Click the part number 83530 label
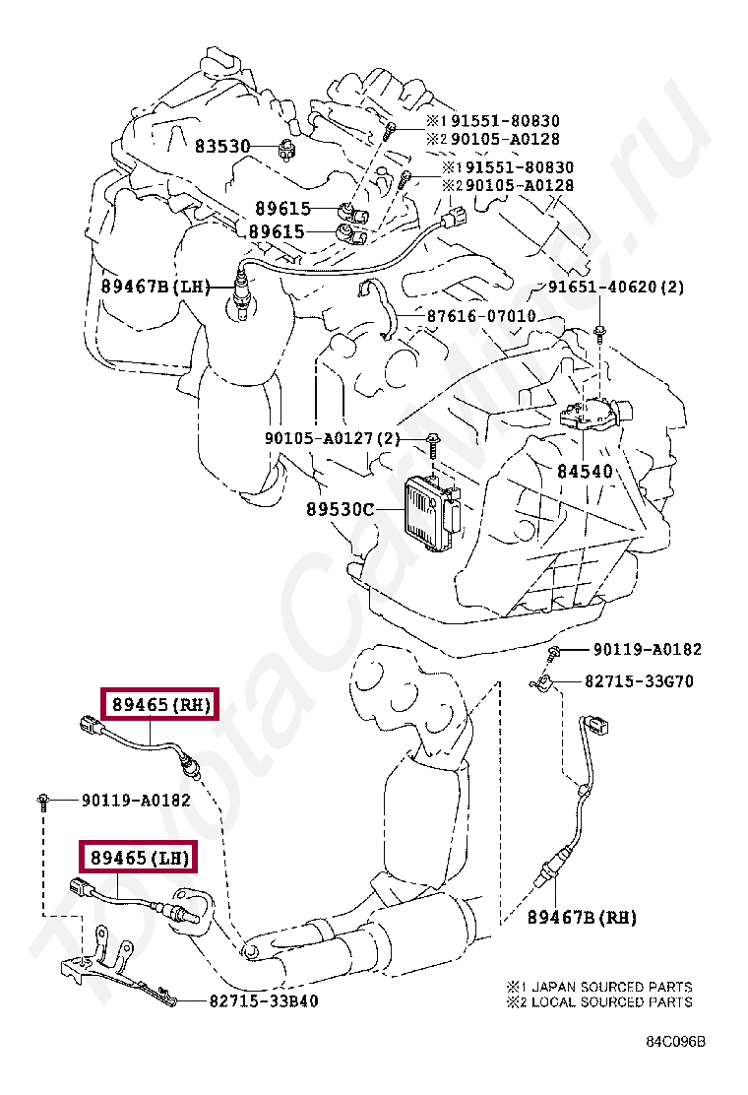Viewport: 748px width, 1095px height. pos(221,146)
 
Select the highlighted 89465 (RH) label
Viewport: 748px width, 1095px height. pos(161,705)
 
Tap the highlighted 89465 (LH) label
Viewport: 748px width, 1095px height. pos(140,857)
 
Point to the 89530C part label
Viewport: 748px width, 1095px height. pos(341,509)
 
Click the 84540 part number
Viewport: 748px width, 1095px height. pos(585,472)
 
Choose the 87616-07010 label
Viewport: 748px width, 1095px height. pos(481,316)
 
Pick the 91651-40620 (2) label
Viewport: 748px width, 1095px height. pos(615,287)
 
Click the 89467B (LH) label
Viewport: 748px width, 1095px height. pos(156,286)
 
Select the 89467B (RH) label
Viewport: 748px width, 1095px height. pos(582,917)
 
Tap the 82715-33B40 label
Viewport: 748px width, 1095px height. pos(264,1000)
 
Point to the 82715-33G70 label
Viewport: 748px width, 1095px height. pos(639,680)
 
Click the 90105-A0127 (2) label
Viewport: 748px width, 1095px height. pos(332,438)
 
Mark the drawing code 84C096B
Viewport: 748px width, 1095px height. pos(675,1041)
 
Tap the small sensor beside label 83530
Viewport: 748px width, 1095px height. pos(286,148)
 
